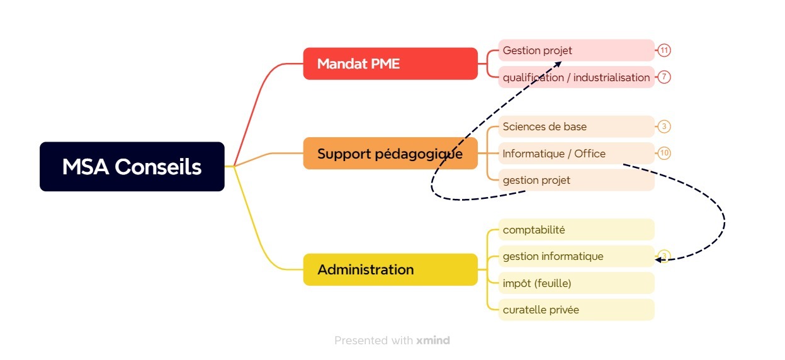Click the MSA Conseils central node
click(x=132, y=167)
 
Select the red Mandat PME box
click(x=390, y=64)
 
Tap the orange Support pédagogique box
click(x=390, y=154)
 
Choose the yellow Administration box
click(x=390, y=269)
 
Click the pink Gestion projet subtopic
click(x=577, y=50)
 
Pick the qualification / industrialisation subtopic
click(x=577, y=77)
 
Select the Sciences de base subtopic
click(x=577, y=127)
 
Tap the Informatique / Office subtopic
click(x=577, y=153)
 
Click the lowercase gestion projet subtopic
click(x=577, y=180)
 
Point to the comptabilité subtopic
click(x=577, y=230)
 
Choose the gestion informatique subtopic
click(x=577, y=256)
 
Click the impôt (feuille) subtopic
click(x=577, y=283)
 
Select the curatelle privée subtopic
click(x=577, y=310)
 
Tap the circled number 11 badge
click(x=664, y=50)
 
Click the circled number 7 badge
click(x=664, y=77)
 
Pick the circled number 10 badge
click(x=664, y=153)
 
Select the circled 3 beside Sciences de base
click(x=664, y=127)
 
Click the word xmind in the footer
click(x=433, y=340)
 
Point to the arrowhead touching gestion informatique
click(x=658, y=260)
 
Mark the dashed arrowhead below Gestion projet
click(x=558, y=64)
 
